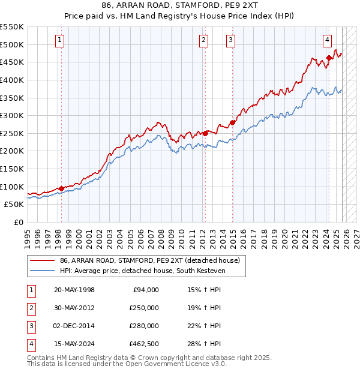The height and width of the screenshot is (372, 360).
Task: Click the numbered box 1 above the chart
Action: [x=61, y=40]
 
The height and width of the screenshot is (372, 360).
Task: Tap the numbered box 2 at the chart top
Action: [x=204, y=40]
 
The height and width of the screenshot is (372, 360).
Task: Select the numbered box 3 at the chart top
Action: [x=230, y=40]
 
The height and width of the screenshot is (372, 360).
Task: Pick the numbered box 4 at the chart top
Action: [x=328, y=40]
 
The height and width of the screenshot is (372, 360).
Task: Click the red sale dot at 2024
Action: [x=329, y=58]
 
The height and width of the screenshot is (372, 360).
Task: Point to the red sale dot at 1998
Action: [x=61, y=188]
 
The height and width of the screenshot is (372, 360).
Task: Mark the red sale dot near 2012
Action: [x=205, y=133]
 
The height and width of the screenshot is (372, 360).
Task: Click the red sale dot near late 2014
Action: [x=231, y=122]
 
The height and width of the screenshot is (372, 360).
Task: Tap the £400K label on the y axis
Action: [x=12, y=80]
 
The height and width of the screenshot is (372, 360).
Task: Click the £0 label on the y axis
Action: [x=19, y=222]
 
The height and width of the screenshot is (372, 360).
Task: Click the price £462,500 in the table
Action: [x=143, y=344]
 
